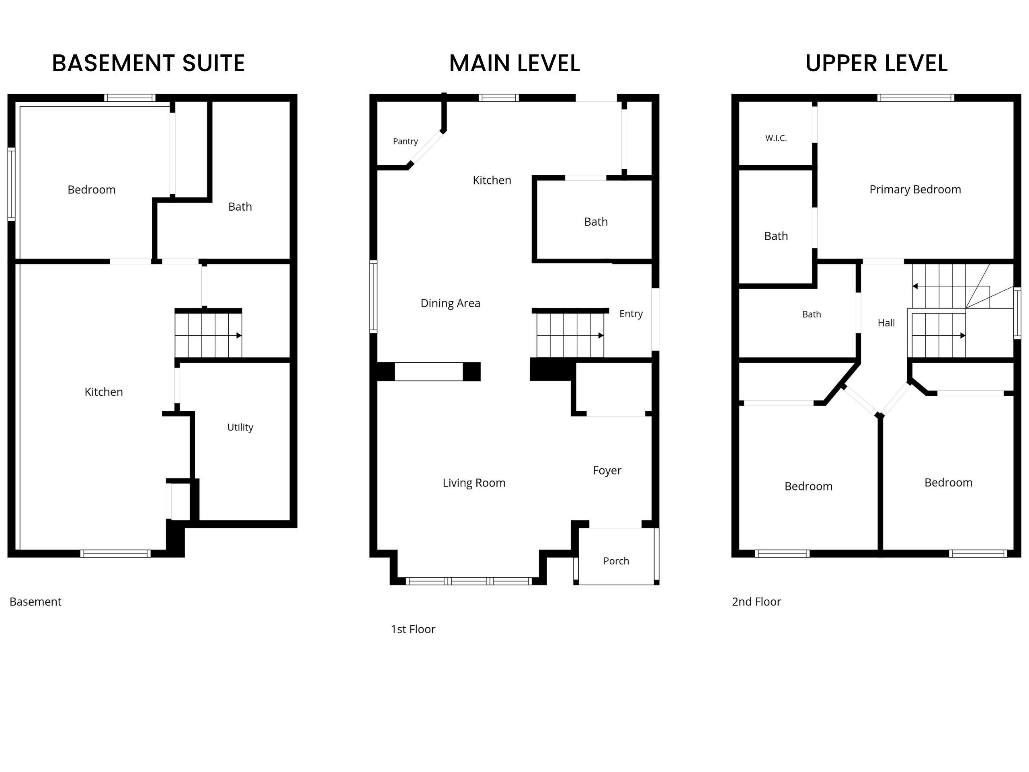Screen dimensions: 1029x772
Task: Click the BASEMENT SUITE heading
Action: (x=148, y=63)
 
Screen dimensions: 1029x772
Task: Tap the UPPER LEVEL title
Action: (x=876, y=63)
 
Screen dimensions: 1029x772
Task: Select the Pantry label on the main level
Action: (x=405, y=141)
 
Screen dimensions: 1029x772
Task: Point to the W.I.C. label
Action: (x=776, y=138)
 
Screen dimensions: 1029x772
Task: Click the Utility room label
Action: (x=240, y=427)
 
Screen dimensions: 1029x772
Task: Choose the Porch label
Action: (x=616, y=561)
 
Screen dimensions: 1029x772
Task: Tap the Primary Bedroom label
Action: (x=915, y=189)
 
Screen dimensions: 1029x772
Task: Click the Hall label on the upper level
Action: (x=886, y=323)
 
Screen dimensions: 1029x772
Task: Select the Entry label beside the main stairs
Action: (x=631, y=314)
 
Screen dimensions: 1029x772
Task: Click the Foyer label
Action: (x=607, y=470)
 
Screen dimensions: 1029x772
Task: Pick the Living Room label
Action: (x=474, y=483)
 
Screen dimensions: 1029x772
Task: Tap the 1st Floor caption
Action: (x=413, y=629)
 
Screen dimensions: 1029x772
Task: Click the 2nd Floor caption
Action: (x=756, y=602)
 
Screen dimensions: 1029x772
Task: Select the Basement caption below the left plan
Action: (x=35, y=602)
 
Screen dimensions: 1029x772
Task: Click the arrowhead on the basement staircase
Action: (x=239, y=335)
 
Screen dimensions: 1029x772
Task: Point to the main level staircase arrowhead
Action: (x=601, y=335)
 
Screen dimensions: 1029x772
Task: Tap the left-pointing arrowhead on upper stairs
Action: (x=915, y=286)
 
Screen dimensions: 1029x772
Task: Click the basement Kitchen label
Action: (x=104, y=392)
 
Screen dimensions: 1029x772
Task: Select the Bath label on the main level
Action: (x=596, y=222)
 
